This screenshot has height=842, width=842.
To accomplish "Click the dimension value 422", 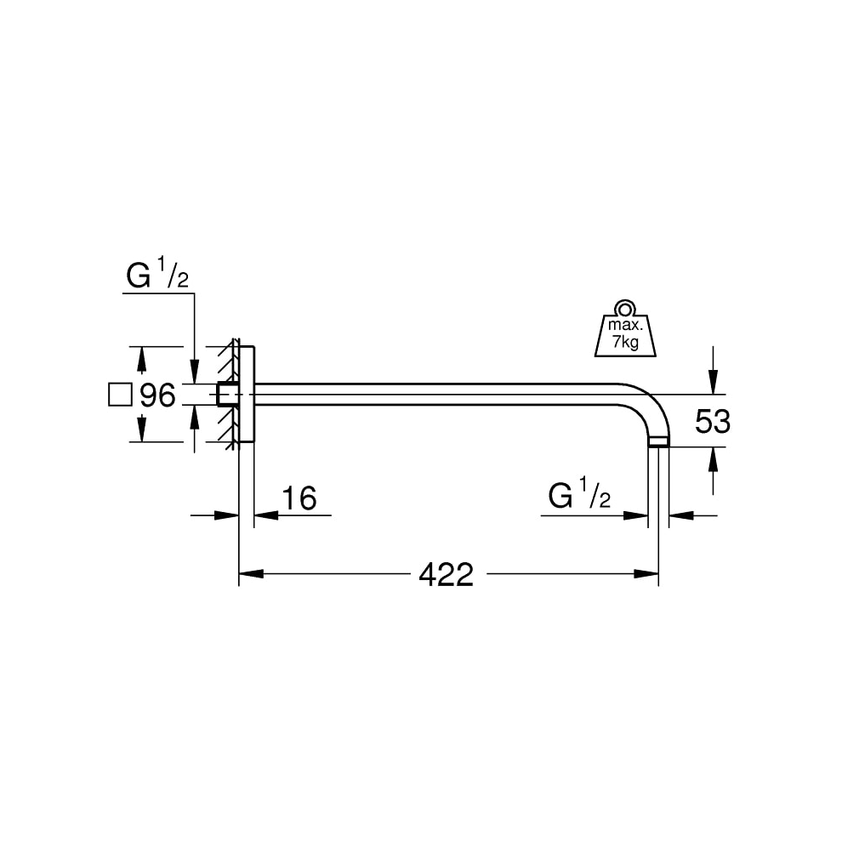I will click(446, 575).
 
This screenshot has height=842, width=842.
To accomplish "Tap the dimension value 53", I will click(713, 421).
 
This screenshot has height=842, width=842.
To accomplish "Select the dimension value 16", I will click(298, 498).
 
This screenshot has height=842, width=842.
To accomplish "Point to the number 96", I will click(157, 395).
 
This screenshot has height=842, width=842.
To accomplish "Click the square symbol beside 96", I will click(121, 395).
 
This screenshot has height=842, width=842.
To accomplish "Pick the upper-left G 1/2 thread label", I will click(157, 277).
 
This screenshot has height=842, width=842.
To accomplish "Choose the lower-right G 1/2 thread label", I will click(580, 497).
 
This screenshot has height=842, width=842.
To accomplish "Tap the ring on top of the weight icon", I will click(626, 307).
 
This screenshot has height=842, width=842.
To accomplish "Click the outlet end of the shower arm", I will click(658, 442).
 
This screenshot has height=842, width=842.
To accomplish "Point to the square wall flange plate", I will click(246, 394).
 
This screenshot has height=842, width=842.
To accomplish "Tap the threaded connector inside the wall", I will click(227, 395).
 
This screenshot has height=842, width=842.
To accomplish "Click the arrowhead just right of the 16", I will click(263, 515).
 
